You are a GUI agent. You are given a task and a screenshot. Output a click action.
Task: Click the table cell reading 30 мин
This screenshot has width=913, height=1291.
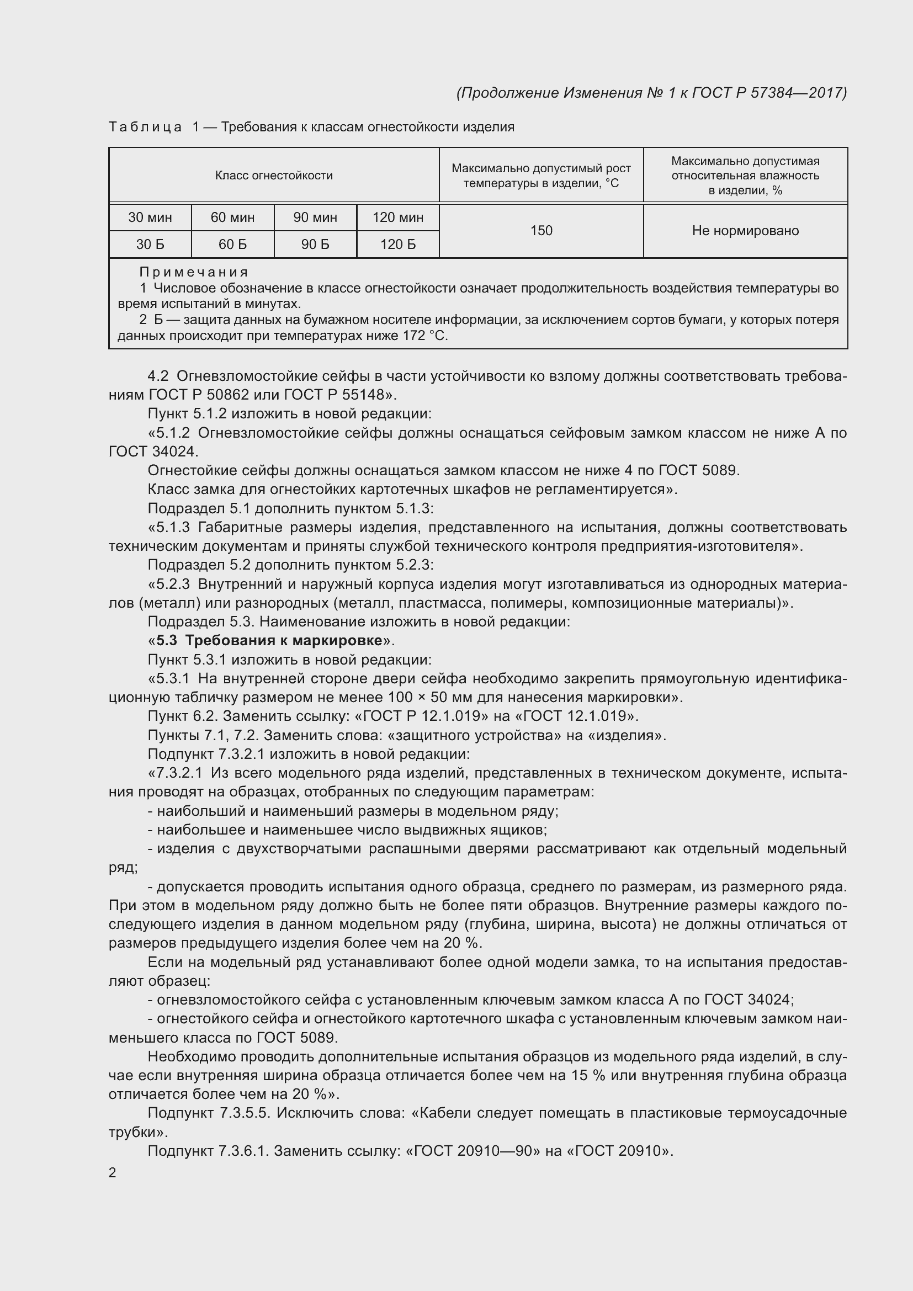tap(150, 217)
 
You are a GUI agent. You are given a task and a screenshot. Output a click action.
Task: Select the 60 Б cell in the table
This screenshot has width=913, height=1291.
tap(232, 244)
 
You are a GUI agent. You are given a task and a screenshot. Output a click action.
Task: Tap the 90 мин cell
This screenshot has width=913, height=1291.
tap(315, 217)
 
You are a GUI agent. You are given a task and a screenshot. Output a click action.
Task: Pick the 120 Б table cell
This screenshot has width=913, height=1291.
tap(397, 244)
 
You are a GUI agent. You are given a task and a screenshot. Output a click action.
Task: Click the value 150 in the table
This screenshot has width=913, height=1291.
tap(541, 231)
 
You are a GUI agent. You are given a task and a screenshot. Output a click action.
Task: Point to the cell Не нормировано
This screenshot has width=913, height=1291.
tap(745, 231)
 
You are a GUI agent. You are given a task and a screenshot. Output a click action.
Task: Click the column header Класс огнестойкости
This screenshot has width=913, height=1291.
tap(274, 176)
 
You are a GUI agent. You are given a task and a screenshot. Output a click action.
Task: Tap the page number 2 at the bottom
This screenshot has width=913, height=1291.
tap(113, 1173)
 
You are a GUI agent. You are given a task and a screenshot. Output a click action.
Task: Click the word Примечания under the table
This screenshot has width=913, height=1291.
tap(193, 272)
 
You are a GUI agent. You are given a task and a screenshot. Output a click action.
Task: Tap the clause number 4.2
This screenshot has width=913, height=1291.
tap(158, 376)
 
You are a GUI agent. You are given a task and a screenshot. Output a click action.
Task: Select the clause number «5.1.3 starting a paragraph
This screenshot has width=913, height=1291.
tap(169, 528)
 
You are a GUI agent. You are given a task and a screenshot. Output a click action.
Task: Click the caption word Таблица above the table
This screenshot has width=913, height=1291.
tap(145, 127)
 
